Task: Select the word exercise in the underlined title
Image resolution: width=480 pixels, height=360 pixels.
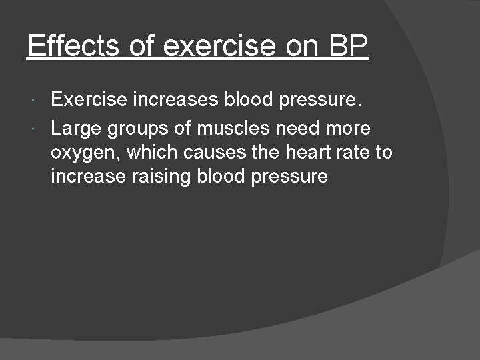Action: (x=219, y=45)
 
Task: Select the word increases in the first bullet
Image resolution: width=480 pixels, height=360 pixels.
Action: (x=176, y=100)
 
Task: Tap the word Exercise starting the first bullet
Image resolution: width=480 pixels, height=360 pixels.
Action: (x=89, y=100)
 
